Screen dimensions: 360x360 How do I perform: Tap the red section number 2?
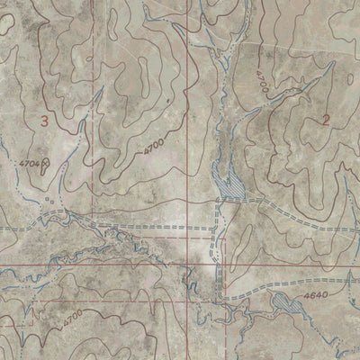(x=325, y=120)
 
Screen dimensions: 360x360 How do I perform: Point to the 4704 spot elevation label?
(x=28, y=164)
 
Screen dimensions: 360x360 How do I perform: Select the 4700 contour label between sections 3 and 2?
(x=153, y=147)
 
